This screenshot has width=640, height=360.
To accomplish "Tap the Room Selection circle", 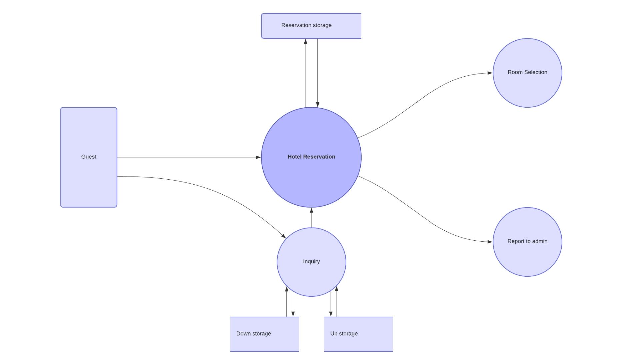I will click(x=527, y=87).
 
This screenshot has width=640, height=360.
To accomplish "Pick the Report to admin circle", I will click(x=527, y=257).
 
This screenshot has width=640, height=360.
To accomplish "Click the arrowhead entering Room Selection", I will click(x=490, y=73).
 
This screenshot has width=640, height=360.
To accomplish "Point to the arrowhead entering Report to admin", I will click(x=490, y=242).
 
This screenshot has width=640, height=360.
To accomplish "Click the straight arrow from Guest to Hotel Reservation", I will click(x=187, y=157).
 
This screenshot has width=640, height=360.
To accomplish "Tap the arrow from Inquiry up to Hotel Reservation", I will click(x=312, y=218).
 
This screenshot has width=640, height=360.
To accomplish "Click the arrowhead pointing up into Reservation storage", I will click(x=306, y=42).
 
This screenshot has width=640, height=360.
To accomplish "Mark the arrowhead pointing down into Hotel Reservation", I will click(x=318, y=105).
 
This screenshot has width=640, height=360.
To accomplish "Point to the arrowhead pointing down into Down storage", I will click(x=293, y=314).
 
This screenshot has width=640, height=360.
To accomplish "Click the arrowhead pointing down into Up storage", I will click(x=331, y=314).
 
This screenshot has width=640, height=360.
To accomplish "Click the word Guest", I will click(x=89, y=157).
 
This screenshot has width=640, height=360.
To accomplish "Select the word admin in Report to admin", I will click(x=540, y=241).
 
